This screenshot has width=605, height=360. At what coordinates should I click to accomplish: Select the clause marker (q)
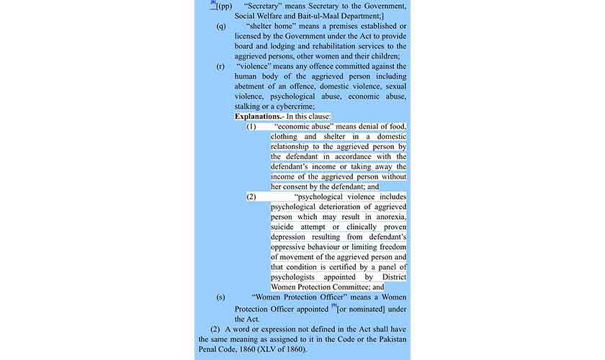(x=220, y=26)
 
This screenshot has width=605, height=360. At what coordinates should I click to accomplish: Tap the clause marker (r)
(x=220, y=66)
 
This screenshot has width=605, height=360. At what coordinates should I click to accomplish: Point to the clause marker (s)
(x=220, y=297)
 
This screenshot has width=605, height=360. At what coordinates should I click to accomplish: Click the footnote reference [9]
(x=334, y=307)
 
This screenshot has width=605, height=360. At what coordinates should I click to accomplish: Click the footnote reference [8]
(x=213, y=3)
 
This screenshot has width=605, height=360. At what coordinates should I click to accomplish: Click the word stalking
(x=251, y=106)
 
